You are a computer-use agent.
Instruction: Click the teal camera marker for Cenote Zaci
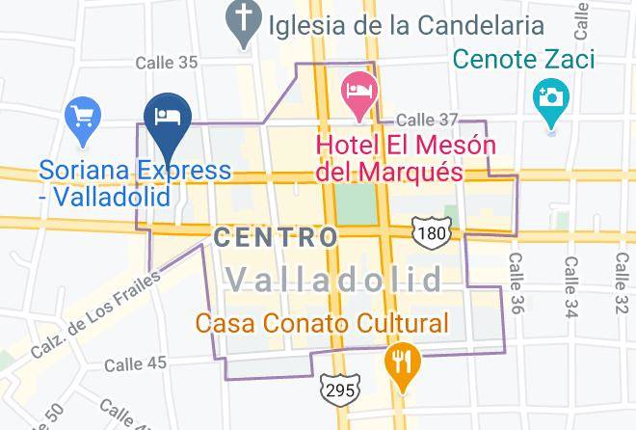[550, 98]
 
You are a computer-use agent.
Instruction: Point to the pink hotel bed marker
[359, 93]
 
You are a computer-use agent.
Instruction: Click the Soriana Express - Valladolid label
[135, 183]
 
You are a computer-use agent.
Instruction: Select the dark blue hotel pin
[169, 120]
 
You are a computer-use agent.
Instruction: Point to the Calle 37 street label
[429, 121]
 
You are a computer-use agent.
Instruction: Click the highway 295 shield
[341, 388]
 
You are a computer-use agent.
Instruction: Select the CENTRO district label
[276, 236]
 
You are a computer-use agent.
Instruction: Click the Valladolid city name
[335, 281]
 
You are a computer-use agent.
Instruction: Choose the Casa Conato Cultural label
[323, 323]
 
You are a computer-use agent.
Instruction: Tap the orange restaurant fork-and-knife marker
[400, 363]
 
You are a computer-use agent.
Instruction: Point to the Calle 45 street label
[136, 363]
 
